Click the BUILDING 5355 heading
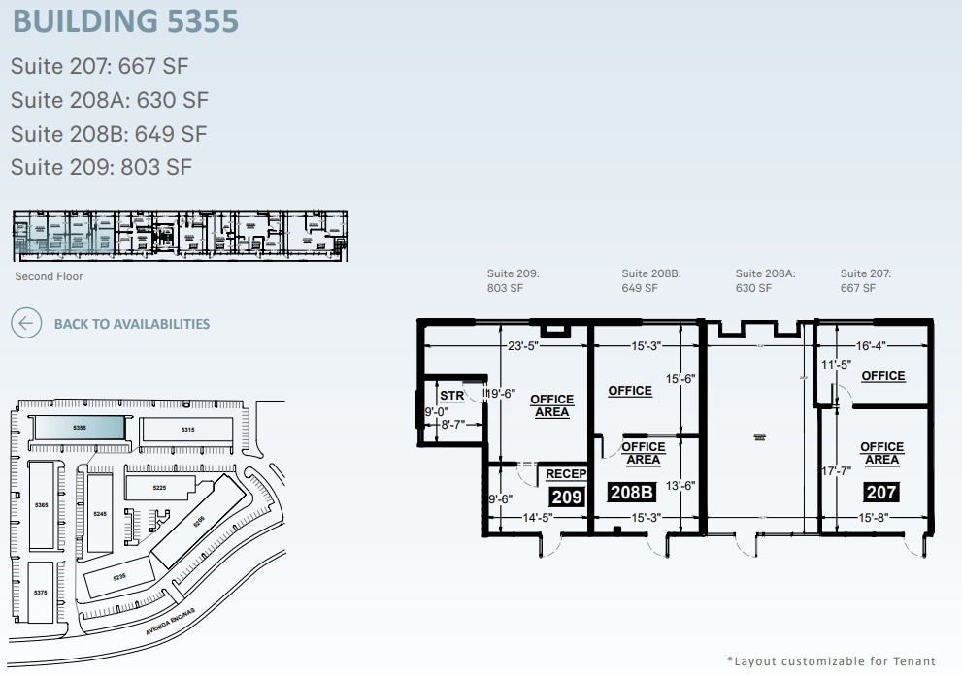[126, 20]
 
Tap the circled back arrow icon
[26, 323]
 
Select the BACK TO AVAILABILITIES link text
[131, 324]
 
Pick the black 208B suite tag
[633, 492]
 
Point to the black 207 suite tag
[880, 492]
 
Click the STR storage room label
[451, 396]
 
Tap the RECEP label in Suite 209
[566, 474]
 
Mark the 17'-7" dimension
[836, 471]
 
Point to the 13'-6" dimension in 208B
[680, 486]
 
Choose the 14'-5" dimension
[535, 518]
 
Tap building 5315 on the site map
[187, 430]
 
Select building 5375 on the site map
[40, 592]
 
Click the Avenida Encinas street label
[171, 621]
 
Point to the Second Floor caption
[49, 276]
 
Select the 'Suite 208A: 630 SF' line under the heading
[109, 100]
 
